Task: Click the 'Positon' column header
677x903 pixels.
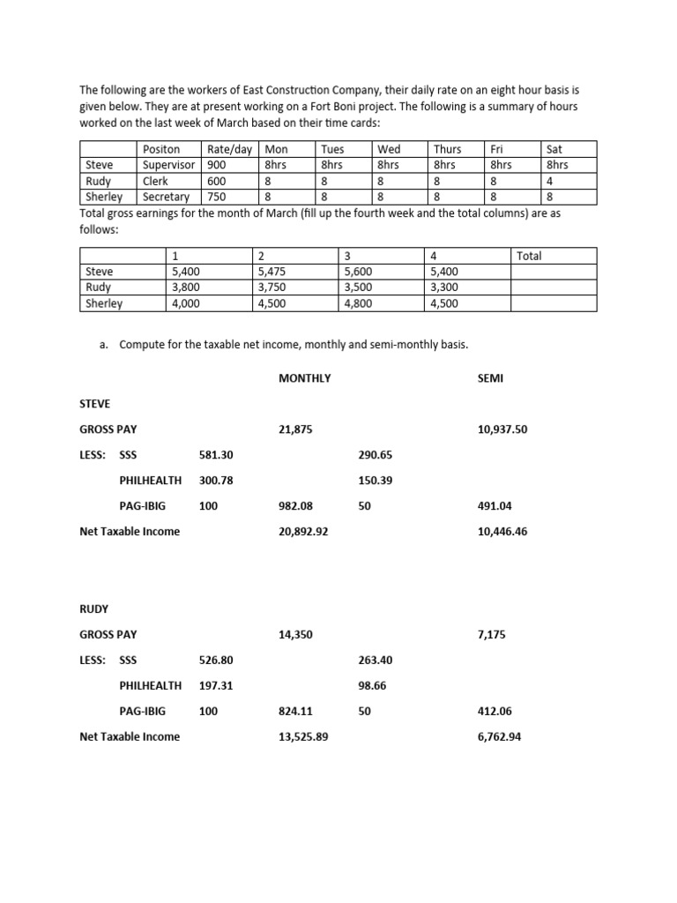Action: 161,149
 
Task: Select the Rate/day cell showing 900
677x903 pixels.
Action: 216,164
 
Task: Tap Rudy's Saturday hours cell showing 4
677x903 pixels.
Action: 550,181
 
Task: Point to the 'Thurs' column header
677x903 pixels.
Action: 448,149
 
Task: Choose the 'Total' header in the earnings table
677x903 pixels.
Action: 530,256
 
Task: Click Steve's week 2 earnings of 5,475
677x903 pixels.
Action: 272,272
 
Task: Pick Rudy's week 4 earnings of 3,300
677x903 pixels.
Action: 443,287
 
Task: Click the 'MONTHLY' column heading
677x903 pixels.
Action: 304,377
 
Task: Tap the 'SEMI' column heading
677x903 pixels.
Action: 489,377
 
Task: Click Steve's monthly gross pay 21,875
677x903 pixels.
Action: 295,429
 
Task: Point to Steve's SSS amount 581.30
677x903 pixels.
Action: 217,455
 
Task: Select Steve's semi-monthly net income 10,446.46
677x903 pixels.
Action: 502,532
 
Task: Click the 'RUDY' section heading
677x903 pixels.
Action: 94,608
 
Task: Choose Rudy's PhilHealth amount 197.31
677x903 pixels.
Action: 217,685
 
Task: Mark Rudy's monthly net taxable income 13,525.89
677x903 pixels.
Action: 303,736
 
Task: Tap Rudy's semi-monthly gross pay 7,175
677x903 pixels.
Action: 492,634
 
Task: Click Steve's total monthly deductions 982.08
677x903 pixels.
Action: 295,506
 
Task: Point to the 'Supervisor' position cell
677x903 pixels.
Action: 170,164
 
